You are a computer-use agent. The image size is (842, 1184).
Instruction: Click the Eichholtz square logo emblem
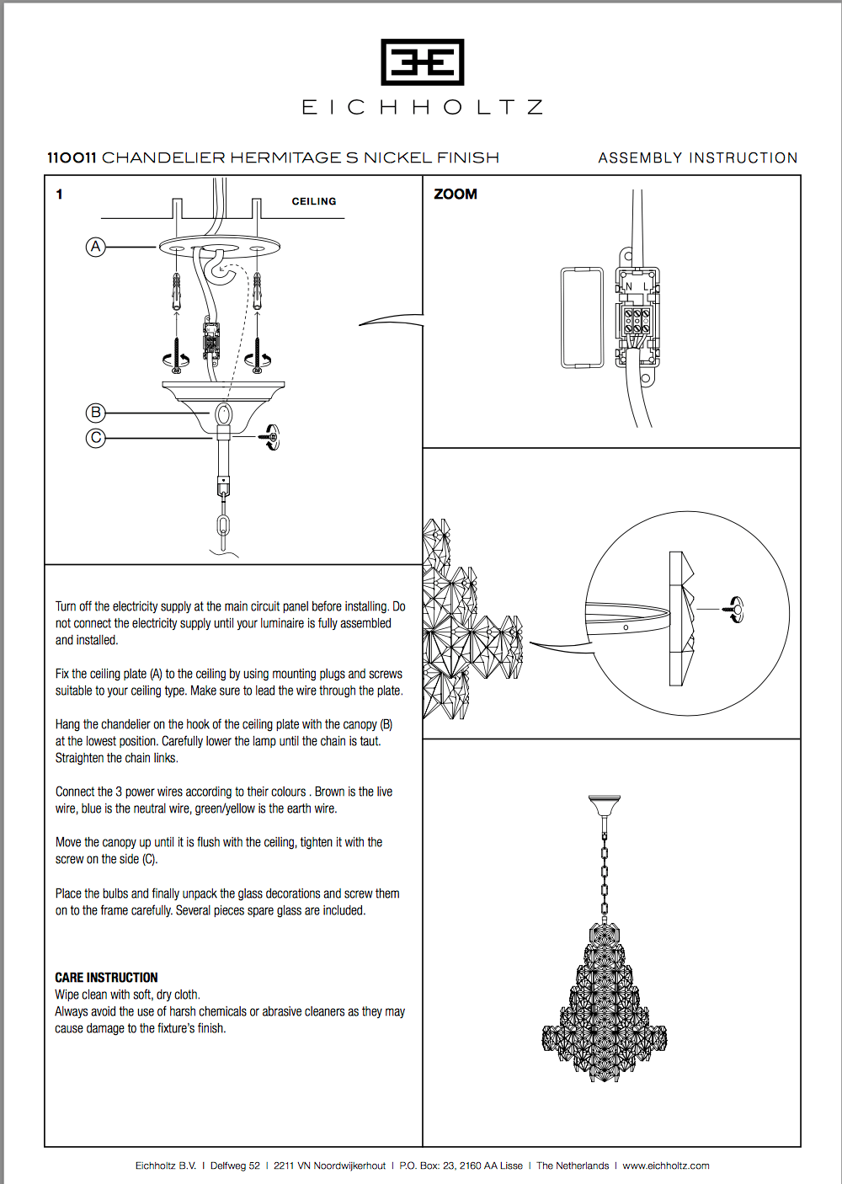point(422,61)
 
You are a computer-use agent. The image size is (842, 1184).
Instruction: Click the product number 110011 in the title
point(72,157)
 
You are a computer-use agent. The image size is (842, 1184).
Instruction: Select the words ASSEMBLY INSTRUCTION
point(697,157)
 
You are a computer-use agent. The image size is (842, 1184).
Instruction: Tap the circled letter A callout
point(96,247)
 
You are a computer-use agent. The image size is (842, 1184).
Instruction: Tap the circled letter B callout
point(96,413)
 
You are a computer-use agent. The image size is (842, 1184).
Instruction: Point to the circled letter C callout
point(96,438)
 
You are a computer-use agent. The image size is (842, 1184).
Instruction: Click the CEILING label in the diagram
point(314,201)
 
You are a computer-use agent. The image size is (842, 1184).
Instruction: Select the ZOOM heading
point(456,195)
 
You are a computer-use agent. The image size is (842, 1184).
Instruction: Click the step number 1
point(59,195)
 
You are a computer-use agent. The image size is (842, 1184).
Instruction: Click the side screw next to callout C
point(270,437)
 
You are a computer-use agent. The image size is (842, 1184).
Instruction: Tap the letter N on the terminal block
point(629,287)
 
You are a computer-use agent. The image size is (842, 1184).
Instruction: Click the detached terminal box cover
point(582,317)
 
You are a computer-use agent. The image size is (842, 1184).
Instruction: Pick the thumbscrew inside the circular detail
point(735,608)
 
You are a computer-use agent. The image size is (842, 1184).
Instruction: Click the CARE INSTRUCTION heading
point(106,978)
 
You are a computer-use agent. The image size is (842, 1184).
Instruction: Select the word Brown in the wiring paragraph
point(329,792)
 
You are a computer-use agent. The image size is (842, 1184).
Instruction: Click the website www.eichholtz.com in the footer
point(665,1165)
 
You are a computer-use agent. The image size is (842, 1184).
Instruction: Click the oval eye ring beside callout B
point(224,414)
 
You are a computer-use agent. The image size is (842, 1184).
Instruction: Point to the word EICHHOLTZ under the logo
point(422,108)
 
